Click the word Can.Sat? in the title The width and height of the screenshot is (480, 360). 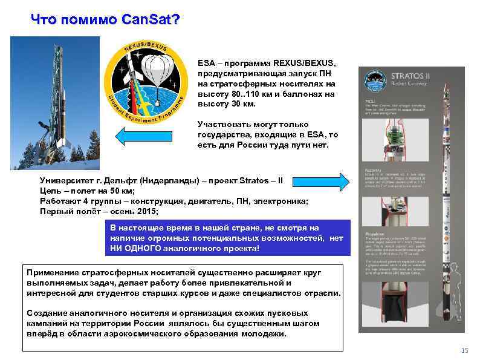coord(150,20)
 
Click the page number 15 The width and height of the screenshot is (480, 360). coord(464,350)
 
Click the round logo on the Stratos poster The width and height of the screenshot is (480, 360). coord(372,79)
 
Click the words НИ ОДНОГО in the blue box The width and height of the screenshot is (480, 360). coord(136,248)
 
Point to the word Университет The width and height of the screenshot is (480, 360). coord(68,180)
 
